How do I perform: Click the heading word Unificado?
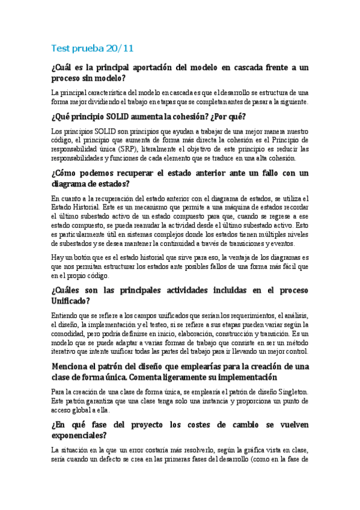click(x=71, y=301)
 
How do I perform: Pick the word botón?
click(x=81, y=257)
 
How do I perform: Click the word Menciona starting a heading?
click(x=75, y=366)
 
